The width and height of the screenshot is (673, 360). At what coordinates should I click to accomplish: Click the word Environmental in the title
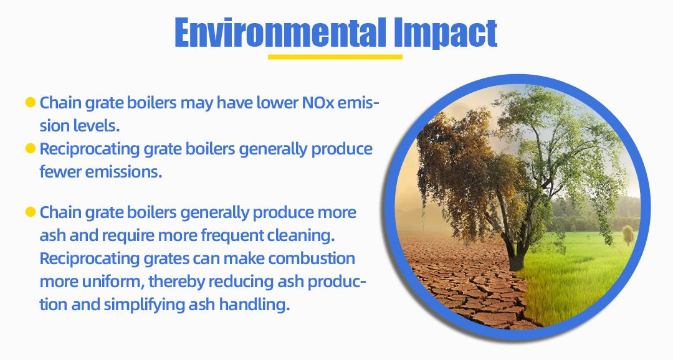click(280, 32)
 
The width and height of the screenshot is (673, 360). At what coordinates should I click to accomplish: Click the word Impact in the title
click(446, 34)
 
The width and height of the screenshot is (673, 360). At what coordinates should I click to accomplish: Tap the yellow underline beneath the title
click(335, 57)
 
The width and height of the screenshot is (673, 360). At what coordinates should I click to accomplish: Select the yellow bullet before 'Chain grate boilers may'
click(30, 102)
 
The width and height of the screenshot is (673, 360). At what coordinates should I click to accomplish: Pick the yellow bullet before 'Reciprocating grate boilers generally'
click(30, 148)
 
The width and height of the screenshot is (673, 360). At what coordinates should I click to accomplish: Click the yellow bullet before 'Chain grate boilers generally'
click(30, 212)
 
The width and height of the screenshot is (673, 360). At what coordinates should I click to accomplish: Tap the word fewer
click(60, 172)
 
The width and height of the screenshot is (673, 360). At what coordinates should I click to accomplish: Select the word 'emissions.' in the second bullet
click(123, 172)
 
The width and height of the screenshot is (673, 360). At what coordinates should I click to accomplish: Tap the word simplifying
click(144, 305)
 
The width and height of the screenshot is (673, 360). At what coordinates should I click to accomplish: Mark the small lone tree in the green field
click(628, 235)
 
